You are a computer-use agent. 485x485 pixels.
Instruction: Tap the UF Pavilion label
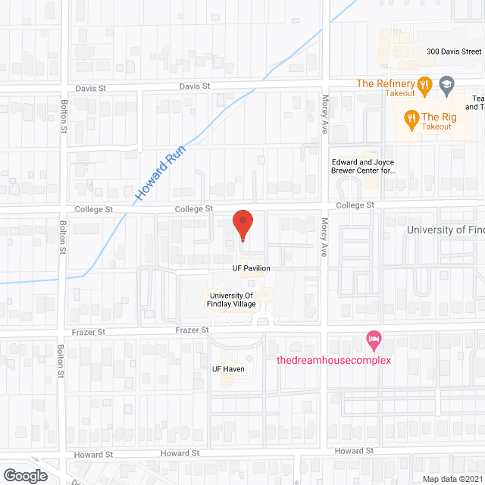coord(251,268)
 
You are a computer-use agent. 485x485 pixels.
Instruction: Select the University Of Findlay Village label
coord(233,299)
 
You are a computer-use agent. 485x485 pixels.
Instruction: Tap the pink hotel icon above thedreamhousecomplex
coord(372,338)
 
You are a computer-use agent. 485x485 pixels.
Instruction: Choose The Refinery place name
coord(386,83)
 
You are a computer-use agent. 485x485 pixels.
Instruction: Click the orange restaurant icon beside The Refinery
coord(425,86)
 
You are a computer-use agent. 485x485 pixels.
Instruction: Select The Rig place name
coord(436,116)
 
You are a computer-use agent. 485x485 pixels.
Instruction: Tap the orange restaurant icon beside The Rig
coord(411,117)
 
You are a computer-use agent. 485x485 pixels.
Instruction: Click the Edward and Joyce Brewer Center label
coord(364,166)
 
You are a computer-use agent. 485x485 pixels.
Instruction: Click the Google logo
coord(24,475)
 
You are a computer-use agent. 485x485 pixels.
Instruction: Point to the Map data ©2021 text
coord(452,478)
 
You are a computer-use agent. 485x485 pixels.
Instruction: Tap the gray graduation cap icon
coord(446,85)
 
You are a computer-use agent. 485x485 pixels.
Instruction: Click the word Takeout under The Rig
coord(436,127)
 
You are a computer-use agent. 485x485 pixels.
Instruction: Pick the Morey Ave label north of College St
coord(322,137)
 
